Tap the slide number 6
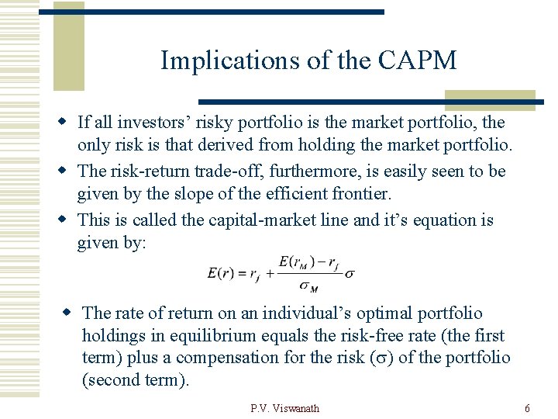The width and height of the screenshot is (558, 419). (x=527, y=408)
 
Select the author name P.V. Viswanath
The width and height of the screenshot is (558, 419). (x=284, y=408)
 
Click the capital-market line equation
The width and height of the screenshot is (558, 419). (x=281, y=273)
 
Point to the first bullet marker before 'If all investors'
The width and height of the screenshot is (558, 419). (x=67, y=123)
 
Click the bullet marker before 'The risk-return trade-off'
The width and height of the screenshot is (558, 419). (x=67, y=171)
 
